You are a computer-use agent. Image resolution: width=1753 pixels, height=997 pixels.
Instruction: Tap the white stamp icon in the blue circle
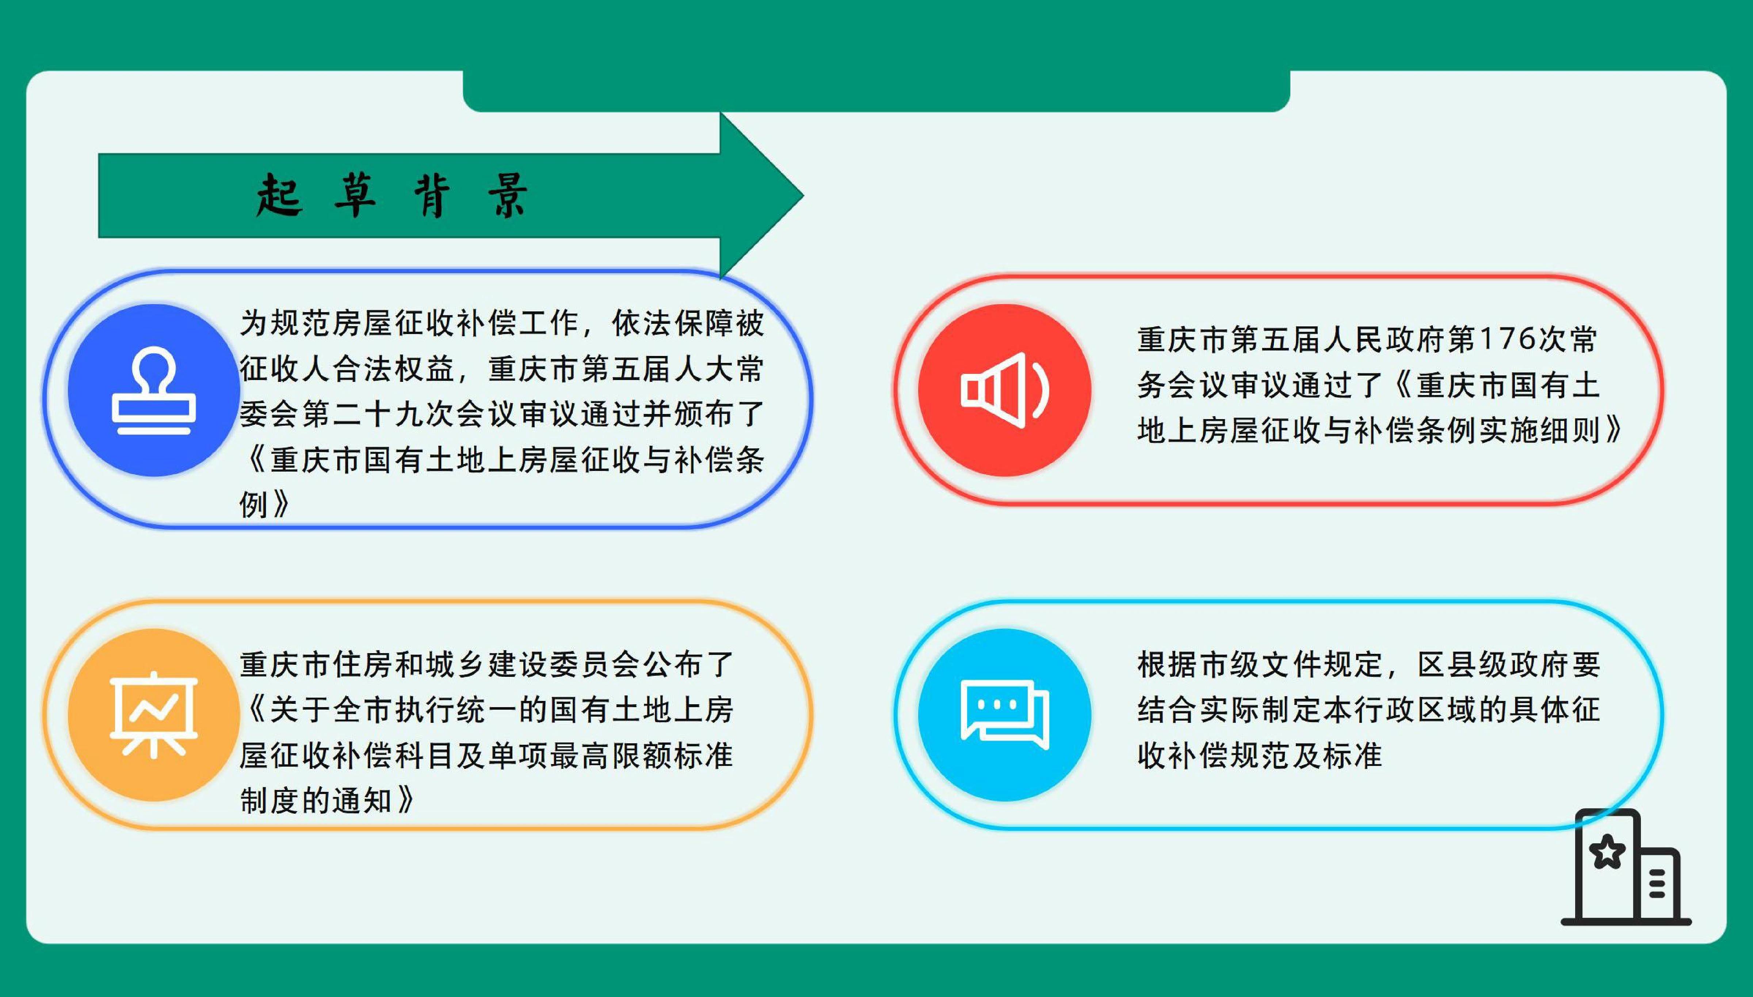[153, 390]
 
